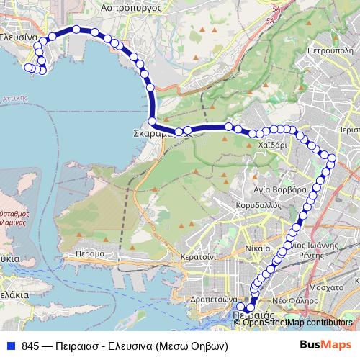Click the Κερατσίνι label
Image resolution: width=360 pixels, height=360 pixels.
[199, 256]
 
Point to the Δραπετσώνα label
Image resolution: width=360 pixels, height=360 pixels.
[213, 300]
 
